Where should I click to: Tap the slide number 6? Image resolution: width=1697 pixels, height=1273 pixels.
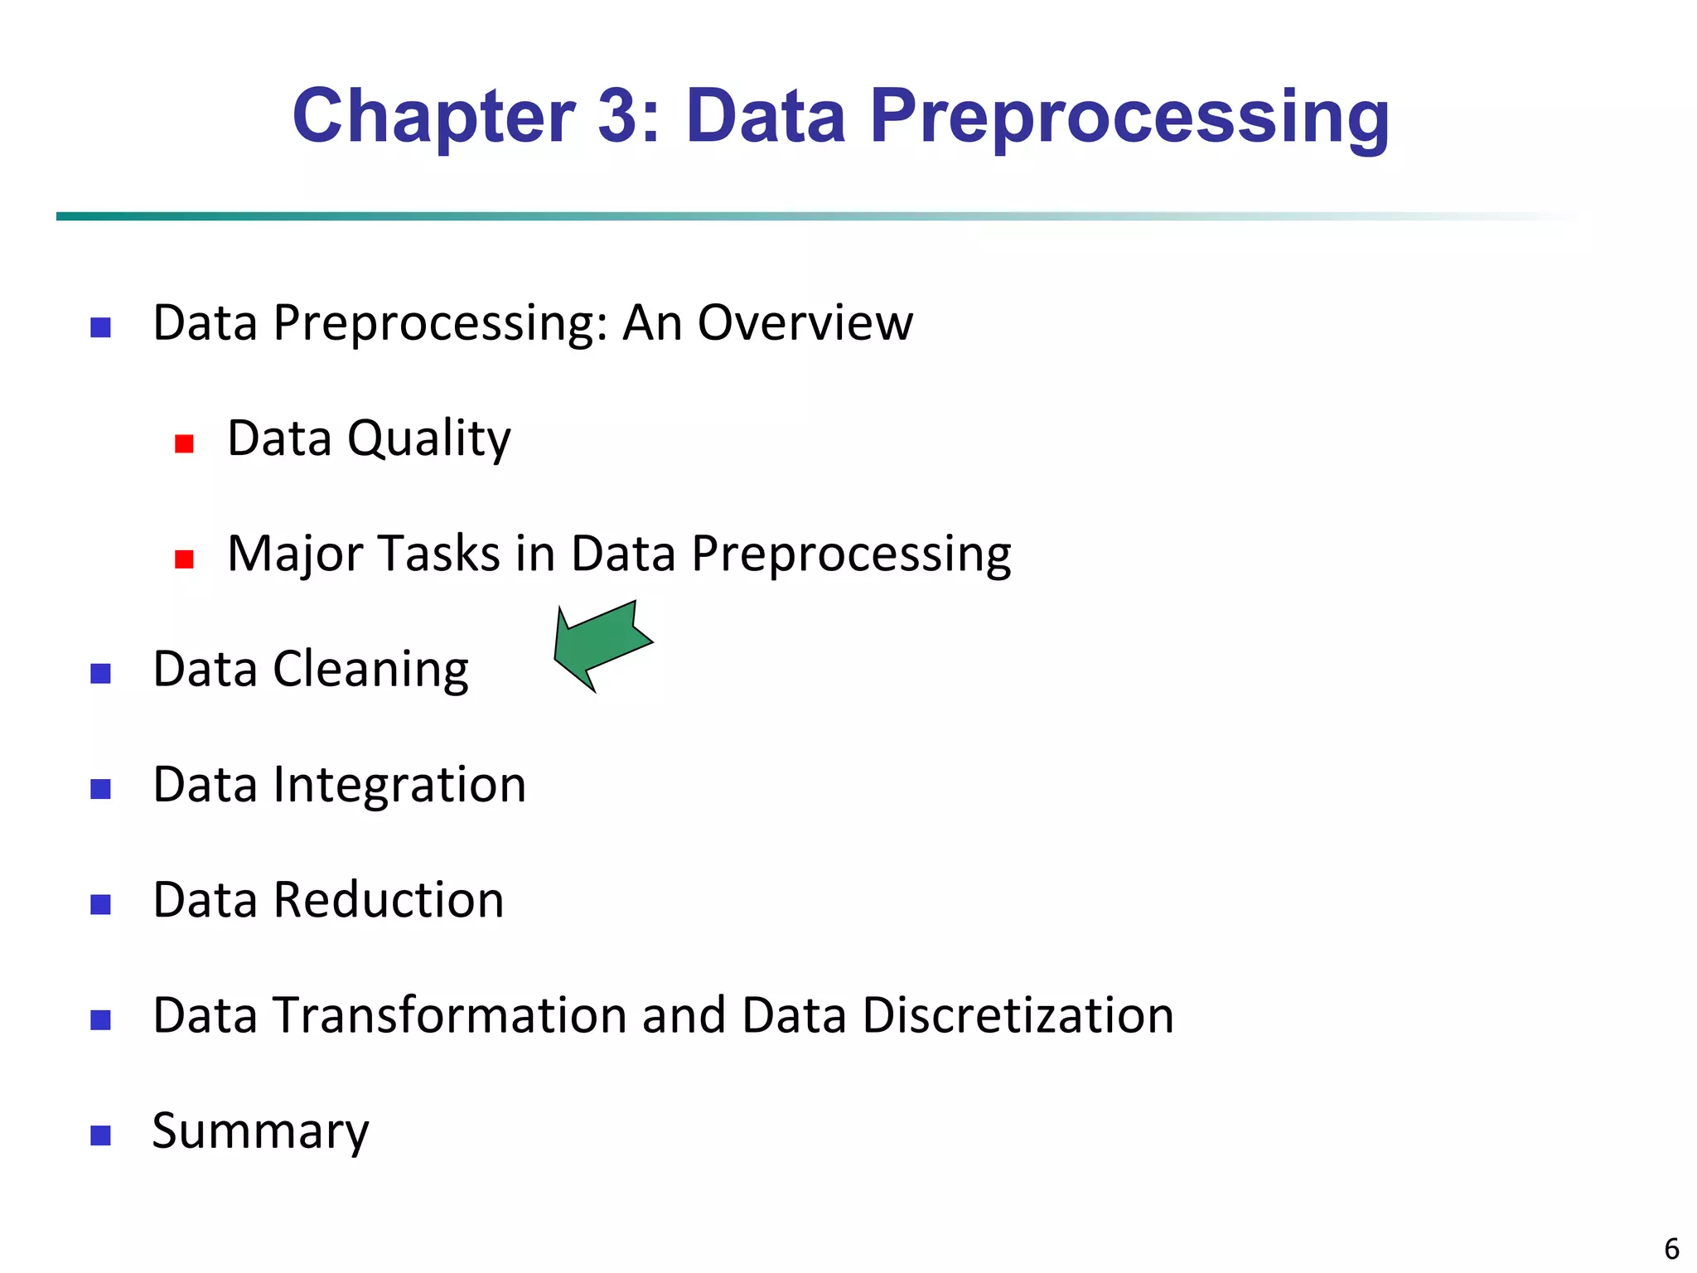coord(1671,1249)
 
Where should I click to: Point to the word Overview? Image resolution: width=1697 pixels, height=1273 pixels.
coord(805,322)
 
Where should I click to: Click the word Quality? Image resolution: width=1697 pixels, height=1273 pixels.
coord(428,438)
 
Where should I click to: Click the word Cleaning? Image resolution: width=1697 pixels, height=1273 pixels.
coord(370,670)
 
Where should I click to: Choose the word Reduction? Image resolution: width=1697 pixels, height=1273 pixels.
coord(389,900)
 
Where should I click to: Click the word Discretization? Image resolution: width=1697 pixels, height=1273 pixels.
coord(1018,1015)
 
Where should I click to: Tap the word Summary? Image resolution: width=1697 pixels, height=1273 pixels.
coord(260,1131)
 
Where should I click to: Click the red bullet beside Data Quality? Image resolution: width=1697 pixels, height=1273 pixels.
coord(184,444)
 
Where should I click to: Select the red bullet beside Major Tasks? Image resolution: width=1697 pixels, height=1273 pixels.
coord(184,559)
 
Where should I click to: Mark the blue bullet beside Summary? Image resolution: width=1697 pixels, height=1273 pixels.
coord(100,1135)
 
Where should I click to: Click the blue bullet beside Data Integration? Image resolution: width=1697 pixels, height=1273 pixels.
coord(100,789)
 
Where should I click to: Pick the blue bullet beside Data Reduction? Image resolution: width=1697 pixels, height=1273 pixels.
coord(100,904)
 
